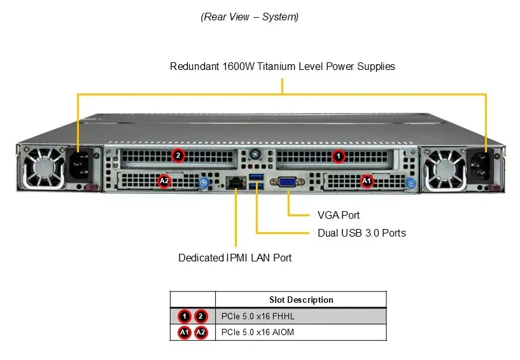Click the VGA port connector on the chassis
coord(287,182)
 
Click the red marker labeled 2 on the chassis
coord(178,155)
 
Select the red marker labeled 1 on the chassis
coord(338,156)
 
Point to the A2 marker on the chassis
coord(164,181)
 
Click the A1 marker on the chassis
coord(367,181)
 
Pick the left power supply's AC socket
coord(80,165)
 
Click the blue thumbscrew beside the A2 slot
coord(204,182)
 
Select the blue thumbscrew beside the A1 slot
coord(411,183)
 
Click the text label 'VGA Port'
coord(338,215)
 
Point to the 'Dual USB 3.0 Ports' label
coord(362,233)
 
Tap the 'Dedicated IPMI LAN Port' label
coord(235,258)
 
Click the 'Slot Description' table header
coord(301,300)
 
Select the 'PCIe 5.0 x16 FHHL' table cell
coord(258,316)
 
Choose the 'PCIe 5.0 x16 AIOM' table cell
coord(258,332)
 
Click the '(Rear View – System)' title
coord(249,17)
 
